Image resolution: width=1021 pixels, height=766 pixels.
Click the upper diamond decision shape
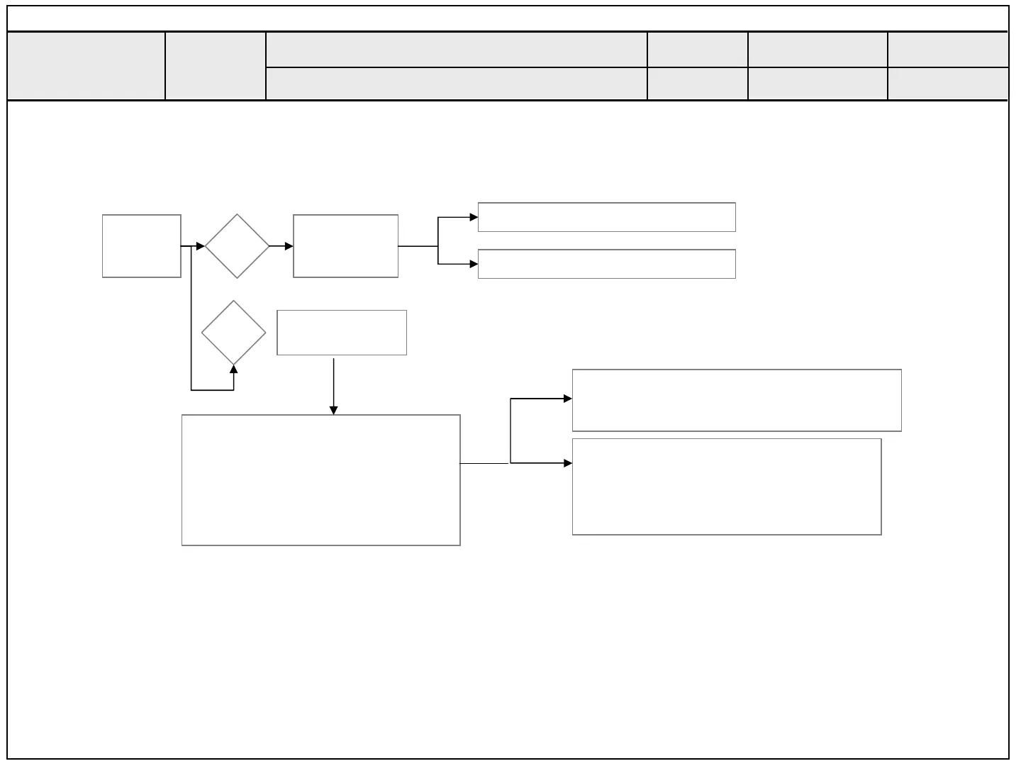pos(237,246)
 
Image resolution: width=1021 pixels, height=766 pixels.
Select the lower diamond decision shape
pos(233,333)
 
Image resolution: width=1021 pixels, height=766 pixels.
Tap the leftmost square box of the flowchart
pos(142,246)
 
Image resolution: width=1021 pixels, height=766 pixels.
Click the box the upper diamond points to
pos(345,246)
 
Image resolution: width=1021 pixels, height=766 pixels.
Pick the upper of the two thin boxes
pos(606,217)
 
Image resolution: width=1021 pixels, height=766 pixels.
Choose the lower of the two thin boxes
pos(606,264)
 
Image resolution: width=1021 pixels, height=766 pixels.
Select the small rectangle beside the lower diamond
pos(342,333)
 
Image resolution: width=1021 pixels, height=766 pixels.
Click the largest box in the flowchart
pos(321,480)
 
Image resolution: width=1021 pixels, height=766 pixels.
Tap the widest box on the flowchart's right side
pos(737,400)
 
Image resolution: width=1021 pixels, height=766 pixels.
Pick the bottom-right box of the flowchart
pos(727,487)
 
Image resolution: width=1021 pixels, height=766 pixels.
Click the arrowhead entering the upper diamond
pos(201,246)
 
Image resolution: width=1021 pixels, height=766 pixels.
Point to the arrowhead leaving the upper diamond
pos(289,246)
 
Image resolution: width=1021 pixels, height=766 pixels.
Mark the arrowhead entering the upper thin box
pos(474,217)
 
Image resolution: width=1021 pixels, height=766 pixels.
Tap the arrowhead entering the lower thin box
pos(474,264)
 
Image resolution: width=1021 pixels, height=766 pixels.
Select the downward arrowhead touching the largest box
pos(333,410)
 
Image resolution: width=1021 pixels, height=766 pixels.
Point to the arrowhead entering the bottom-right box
pos(567,463)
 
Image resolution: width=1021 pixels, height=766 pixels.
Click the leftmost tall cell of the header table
pos(86,65)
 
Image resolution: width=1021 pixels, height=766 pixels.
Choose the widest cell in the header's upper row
pos(457,50)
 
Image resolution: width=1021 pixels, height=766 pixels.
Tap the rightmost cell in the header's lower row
pos(947,84)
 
